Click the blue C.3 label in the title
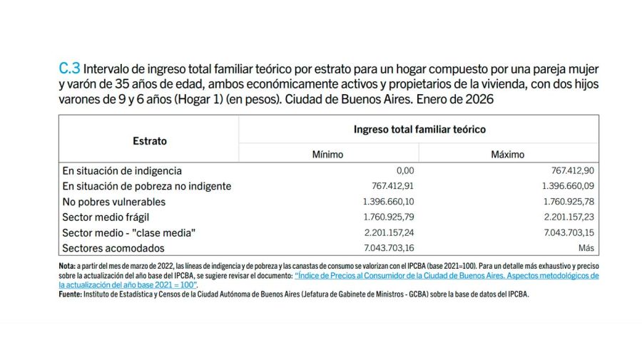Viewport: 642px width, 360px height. pos(69,69)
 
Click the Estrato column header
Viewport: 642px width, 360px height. pos(150,141)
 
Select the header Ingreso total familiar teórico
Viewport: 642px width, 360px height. pos(419,130)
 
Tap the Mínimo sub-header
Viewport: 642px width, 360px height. pos(327,154)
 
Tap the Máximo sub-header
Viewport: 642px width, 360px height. pos(507,154)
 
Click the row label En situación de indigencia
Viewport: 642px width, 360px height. pos(122,171)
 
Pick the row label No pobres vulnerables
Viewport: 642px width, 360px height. pos(114,202)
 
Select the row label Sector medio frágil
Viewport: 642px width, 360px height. pos(106,217)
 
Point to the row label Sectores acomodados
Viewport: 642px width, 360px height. pos(113,248)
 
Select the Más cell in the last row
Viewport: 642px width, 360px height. pos(586,249)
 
